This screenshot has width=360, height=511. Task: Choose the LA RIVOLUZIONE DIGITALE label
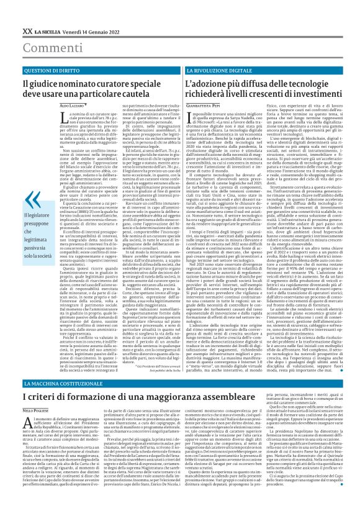click(199, 71)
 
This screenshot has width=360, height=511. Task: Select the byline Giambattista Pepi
click(187, 107)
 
